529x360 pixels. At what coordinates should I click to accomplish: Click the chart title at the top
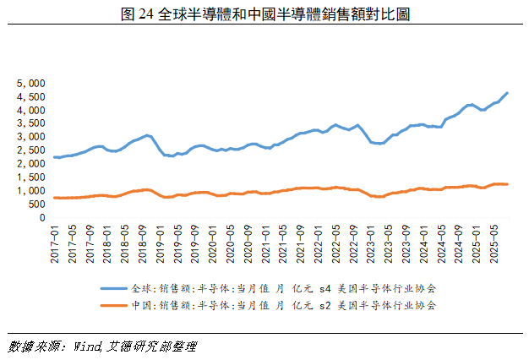(264, 15)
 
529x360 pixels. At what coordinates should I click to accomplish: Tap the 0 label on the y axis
(41, 217)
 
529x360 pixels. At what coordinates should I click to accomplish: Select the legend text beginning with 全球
(287, 287)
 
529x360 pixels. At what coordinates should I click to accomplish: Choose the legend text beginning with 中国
(287, 304)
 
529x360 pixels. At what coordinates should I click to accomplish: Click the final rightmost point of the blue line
(507, 93)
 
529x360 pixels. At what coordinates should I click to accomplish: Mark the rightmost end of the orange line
(507, 184)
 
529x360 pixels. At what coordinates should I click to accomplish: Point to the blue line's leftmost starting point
(54, 157)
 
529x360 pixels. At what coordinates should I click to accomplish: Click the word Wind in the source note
(88, 346)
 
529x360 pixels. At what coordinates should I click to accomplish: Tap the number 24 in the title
(144, 15)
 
